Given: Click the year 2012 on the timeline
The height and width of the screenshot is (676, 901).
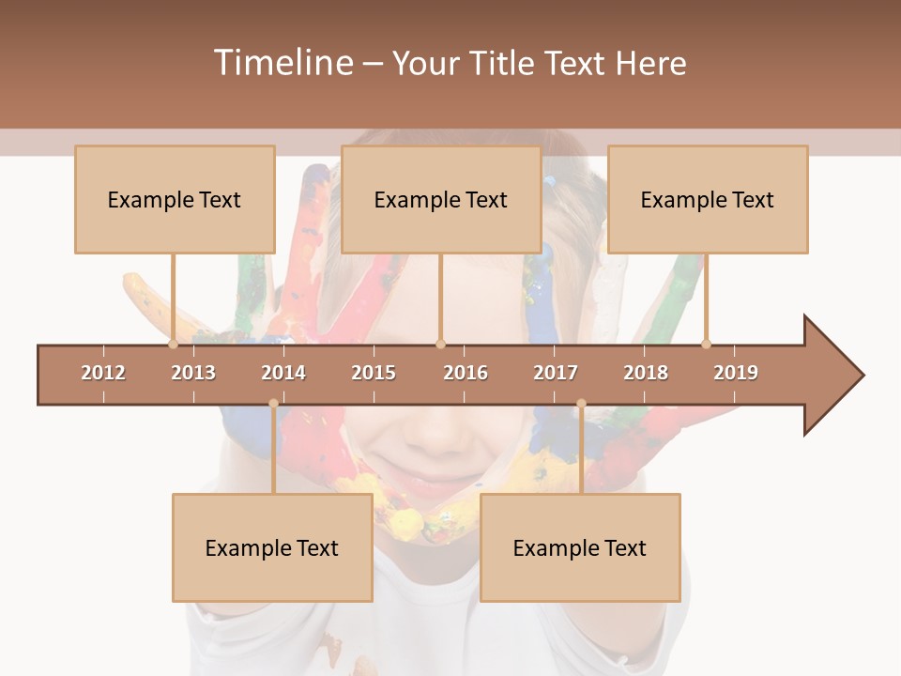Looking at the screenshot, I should [x=103, y=373].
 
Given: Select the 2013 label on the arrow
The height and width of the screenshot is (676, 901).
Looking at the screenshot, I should [x=193, y=373].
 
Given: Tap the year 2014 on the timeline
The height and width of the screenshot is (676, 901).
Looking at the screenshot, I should [x=283, y=373].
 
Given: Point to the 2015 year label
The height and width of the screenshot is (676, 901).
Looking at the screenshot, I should [x=374, y=373].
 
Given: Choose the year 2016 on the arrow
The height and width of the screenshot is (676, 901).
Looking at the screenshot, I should [x=466, y=373].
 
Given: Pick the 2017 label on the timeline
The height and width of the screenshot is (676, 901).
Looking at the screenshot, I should [x=556, y=373].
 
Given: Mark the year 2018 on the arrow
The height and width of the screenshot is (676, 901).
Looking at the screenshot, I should [x=646, y=373].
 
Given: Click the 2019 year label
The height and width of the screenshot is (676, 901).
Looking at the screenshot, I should [x=736, y=373].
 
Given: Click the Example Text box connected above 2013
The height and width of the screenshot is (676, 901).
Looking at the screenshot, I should [x=175, y=199].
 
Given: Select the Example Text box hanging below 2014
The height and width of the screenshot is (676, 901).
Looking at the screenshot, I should [x=272, y=547].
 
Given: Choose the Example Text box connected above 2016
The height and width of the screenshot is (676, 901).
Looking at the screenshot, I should [x=441, y=199].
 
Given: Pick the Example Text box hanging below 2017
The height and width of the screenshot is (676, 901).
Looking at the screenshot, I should [x=580, y=547].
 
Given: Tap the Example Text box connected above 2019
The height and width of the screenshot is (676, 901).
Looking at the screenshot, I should [x=708, y=199].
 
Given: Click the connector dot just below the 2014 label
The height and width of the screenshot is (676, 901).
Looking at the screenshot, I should [x=273, y=403].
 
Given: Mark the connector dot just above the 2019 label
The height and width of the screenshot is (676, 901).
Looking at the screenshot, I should [x=707, y=344].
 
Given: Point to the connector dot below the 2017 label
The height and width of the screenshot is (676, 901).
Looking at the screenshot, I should [x=581, y=403].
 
